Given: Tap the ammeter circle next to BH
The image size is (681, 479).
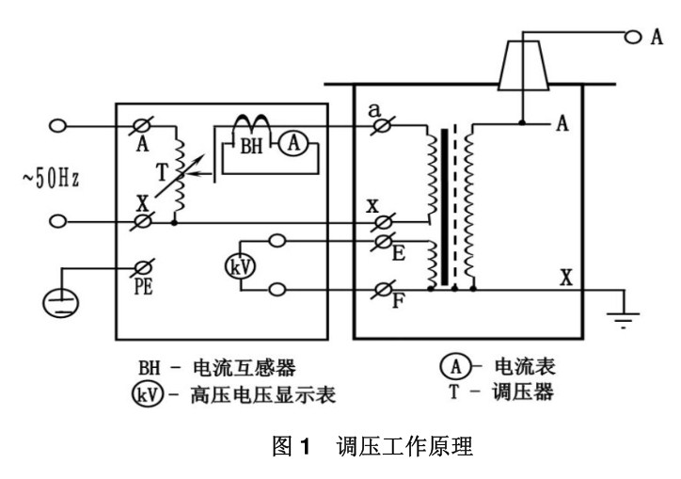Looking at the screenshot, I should point(294,141).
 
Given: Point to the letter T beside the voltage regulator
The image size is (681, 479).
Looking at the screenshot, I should point(163,171).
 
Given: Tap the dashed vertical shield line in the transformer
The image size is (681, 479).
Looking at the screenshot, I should point(456,207).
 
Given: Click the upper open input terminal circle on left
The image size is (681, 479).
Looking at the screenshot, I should point(57,125).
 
